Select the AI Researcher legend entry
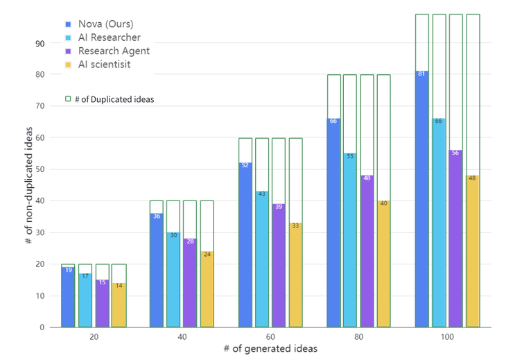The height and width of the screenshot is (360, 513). (109, 37)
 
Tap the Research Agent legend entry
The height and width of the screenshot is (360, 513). (113, 51)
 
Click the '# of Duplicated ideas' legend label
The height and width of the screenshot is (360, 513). (114, 99)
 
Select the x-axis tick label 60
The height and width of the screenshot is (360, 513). (270, 336)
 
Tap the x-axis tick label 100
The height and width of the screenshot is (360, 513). (447, 336)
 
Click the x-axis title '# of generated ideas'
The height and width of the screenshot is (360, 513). (270, 349)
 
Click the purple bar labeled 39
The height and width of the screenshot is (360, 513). (279, 266)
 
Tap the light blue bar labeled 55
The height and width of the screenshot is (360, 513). (350, 241)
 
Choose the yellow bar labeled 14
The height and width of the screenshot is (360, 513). (119, 305)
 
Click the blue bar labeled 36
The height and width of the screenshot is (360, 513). (157, 271)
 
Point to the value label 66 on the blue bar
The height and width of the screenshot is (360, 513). (333, 121)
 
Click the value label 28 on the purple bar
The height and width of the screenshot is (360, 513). (190, 241)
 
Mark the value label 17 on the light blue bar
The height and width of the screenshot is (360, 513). (85, 276)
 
